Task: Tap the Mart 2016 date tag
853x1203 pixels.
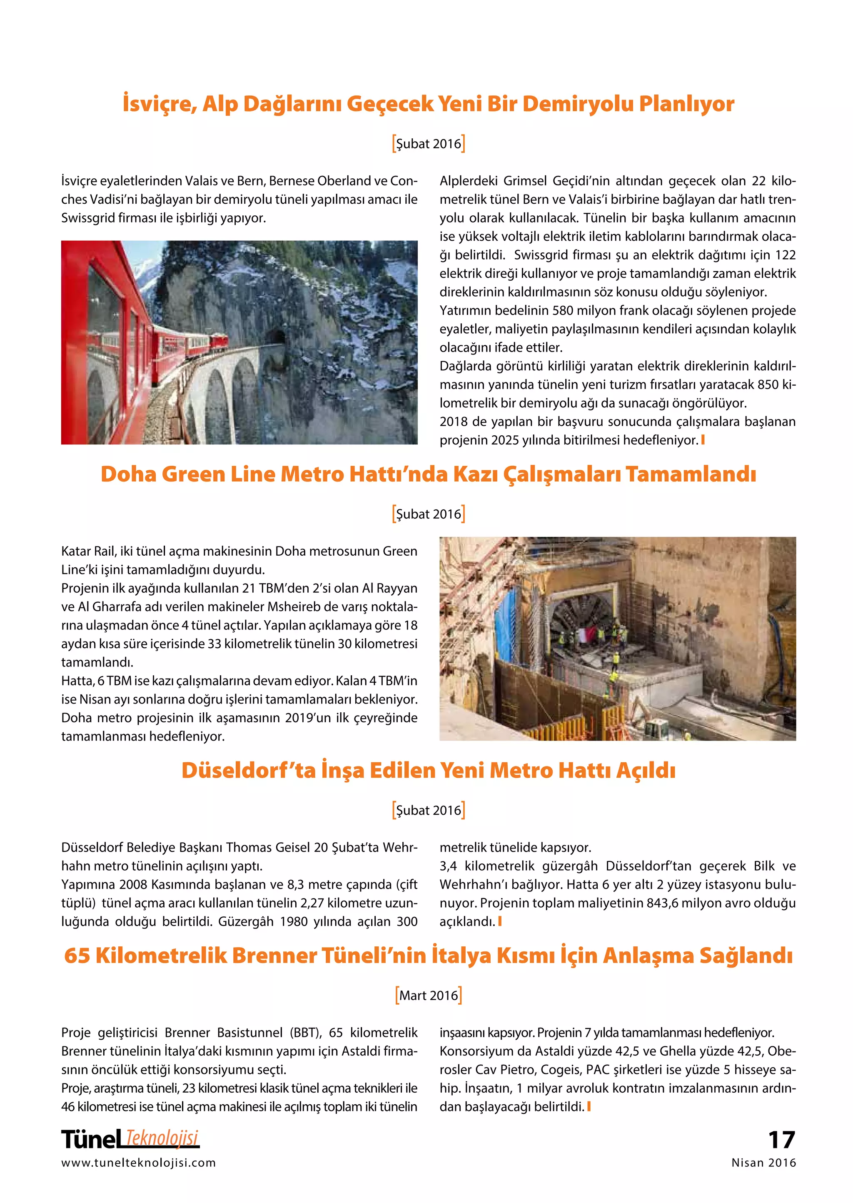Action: point(429,996)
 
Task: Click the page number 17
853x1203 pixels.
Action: point(781,1141)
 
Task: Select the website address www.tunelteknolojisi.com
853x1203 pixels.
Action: point(139,1163)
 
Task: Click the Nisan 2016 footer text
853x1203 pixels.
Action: point(764,1163)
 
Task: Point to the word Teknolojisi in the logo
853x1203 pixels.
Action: point(163,1138)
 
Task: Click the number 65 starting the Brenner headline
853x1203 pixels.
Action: point(77,956)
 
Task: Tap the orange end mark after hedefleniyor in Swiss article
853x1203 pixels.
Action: point(703,440)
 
